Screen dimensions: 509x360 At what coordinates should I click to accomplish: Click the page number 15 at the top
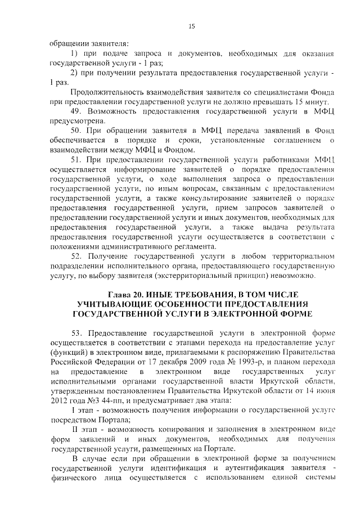(191, 26)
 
